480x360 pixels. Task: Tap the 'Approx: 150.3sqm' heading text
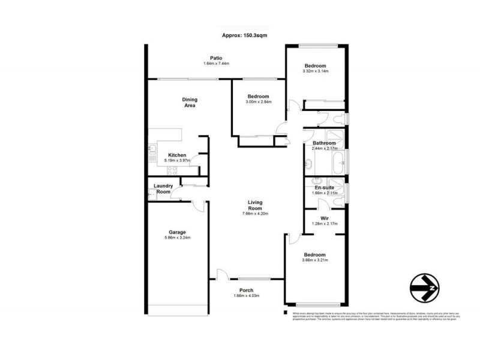[244, 35]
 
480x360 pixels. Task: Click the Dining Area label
[190, 103]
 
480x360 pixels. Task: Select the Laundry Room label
[163, 189]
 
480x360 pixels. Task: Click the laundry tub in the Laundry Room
[152, 193]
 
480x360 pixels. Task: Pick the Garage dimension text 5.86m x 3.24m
[177, 238]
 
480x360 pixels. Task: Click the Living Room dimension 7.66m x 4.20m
[255, 214]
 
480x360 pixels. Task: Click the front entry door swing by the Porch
[222, 274]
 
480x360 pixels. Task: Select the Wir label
[324, 218]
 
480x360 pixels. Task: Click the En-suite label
[324, 187]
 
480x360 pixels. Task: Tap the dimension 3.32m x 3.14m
[315, 71]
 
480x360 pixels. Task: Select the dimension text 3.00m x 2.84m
[259, 102]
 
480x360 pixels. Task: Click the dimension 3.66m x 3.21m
[315, 260]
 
